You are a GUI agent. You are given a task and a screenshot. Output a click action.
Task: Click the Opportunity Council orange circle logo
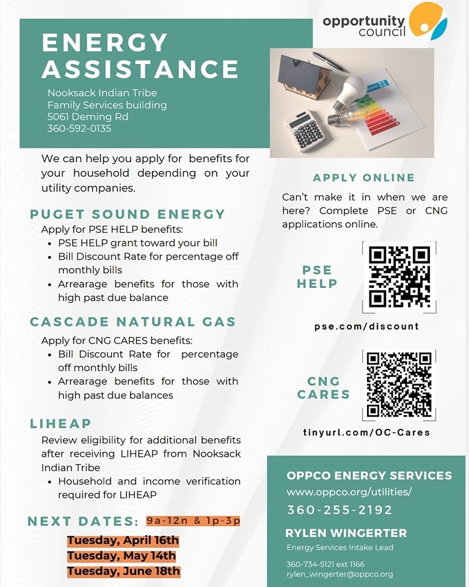pos(427,20)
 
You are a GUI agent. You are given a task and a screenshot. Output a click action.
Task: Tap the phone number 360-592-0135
pos(79,128)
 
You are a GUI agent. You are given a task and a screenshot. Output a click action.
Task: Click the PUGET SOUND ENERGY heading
pos(128,214)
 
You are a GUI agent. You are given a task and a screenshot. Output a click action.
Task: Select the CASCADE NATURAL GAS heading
pos(133,322)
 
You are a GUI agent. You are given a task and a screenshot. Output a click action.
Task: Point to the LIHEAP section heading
pos(60,423)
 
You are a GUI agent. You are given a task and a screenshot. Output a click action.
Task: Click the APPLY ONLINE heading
pos(364,177)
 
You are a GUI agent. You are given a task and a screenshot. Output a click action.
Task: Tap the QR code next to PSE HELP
pos(399,277)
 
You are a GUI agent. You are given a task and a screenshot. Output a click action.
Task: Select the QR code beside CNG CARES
pos(399,385)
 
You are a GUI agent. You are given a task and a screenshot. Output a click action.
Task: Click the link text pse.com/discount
pos(366,326)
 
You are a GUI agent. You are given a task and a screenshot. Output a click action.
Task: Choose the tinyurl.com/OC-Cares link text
pos(366,432)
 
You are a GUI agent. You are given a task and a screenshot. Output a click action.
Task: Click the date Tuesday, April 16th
pos(123,541)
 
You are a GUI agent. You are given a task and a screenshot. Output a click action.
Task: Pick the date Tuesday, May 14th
pos(122,556)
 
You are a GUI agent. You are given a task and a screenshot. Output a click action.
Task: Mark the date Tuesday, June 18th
pos(123,571)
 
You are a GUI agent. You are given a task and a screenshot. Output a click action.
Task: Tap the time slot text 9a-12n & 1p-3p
pos(193,521)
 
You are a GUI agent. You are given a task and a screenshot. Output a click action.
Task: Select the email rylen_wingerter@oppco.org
pos(340,574)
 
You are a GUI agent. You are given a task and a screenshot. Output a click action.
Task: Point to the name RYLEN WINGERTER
pos(346,533)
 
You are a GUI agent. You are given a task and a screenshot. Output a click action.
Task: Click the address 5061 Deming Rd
pos(79,116)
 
